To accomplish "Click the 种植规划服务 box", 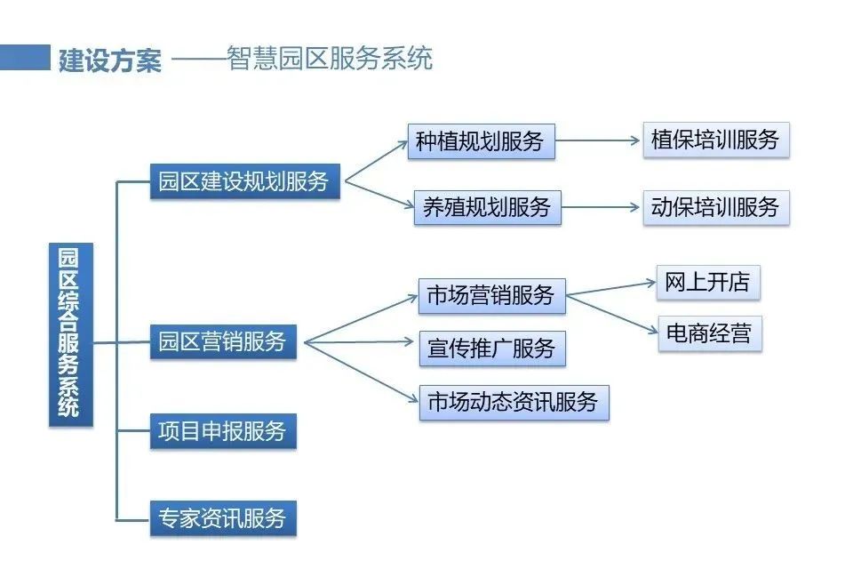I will [481, 141].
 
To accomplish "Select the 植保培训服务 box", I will [715, 140].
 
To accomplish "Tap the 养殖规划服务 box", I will [487, 207].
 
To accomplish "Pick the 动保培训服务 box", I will [715, 207].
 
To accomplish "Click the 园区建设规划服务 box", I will [243, 181].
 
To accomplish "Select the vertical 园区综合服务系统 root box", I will [70, 334].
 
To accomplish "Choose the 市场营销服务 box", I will [491, 295].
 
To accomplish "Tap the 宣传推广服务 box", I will [491, 348].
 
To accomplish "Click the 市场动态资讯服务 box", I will [514, 402].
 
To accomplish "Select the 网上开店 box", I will [708, 283].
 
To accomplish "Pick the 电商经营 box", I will [709, 333].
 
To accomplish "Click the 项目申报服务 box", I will [223, 431].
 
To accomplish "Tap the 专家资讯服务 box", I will [223, 517].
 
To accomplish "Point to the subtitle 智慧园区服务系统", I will [330, 59].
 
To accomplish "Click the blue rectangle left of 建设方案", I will [24, 58].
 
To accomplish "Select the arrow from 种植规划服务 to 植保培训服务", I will [598, 140].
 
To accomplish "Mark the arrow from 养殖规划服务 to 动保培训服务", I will [602, 208].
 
